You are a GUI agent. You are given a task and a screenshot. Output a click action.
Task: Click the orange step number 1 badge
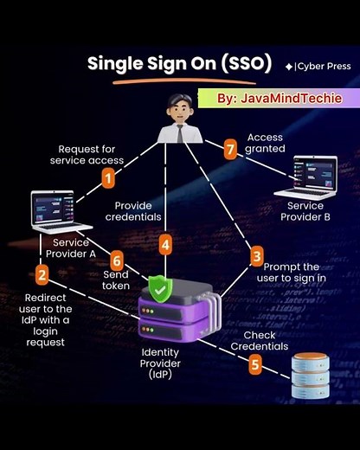point(108,177)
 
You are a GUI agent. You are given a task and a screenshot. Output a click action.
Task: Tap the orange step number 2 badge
point(41,275)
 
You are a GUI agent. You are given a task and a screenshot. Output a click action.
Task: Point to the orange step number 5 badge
point(255,364)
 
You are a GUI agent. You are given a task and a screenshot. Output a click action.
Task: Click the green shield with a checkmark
point(159,288)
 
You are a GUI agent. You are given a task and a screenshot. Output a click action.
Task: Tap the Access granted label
point(266,143)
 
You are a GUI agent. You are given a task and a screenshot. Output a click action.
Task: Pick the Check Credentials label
point(259,341)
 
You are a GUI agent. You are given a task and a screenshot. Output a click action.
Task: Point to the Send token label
point(116,279)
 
